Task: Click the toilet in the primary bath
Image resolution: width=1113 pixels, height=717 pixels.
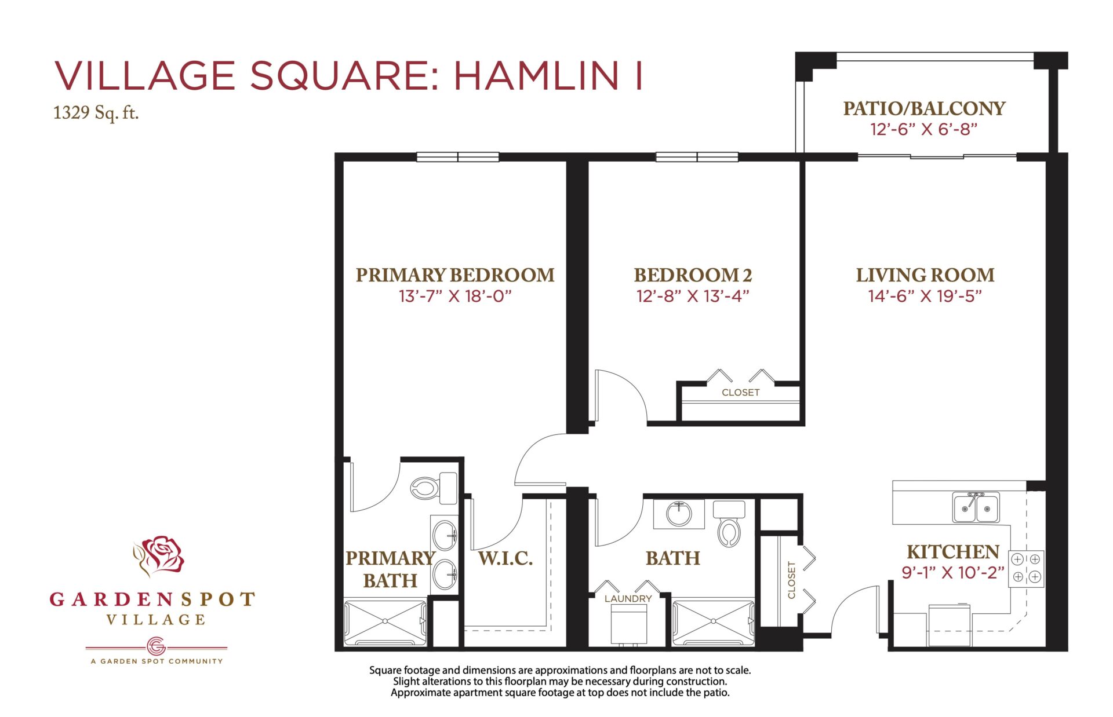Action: point(434,488)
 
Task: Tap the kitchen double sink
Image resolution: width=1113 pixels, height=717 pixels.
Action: point(976,507)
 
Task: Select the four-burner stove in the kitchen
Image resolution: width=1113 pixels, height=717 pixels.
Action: point(1026,568)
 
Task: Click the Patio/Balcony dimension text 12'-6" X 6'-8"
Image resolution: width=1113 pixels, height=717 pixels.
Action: point(924,129)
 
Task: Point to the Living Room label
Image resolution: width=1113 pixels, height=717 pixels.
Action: point(925,275)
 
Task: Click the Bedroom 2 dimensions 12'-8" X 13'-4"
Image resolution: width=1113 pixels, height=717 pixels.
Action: point(693,297)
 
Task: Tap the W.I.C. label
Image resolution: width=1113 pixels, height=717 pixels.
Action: point(505,558)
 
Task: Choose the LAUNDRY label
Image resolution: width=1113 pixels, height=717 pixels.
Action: point(628,598)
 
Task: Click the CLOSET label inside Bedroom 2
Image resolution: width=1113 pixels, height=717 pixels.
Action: point(740,393)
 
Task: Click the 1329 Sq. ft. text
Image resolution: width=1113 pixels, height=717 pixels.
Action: point(96,112)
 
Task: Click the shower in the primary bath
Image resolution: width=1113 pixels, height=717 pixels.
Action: point(385,623)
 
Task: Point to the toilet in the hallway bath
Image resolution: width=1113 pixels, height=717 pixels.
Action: point(729,524)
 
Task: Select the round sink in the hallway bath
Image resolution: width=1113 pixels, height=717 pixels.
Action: point(678,513)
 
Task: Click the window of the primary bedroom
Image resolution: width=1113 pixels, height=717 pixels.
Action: point(458,157)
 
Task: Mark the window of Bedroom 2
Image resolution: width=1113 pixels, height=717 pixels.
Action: point(697,157)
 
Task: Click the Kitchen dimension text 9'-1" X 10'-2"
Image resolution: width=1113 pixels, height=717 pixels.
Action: point(952,573)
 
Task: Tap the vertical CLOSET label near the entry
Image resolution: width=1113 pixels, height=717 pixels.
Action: point(791,579)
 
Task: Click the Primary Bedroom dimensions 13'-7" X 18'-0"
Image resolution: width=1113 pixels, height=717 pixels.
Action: point(455,297)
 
